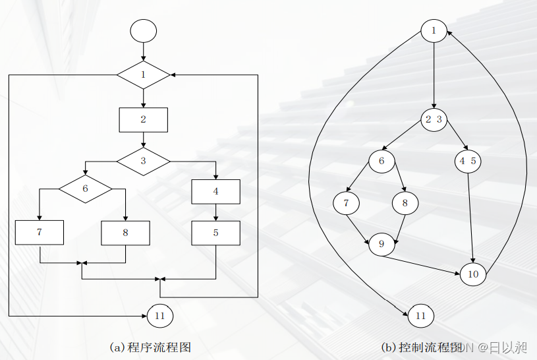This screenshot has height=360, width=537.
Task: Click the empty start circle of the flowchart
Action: click(144, 31)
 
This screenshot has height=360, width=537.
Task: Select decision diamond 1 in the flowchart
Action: click(144, 75)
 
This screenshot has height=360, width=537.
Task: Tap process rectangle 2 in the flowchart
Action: click(144, 119)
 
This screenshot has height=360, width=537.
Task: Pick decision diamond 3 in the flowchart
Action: click(144, 160)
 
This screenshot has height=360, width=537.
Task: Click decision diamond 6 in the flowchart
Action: click(85, 189)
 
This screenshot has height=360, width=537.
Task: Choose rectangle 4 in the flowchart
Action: click(216, 191)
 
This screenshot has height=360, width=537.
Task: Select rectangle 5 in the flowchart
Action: click(216, 232)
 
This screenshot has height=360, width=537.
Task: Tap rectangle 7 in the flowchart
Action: click(40, 232)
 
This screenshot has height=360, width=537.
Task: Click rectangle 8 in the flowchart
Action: click(125, 232)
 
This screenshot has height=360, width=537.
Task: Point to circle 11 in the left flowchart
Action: click(159, 316)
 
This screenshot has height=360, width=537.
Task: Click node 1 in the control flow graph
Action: click(434, 30)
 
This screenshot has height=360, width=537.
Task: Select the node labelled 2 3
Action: click(434, 119)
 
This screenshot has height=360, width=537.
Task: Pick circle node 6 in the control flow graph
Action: click(381, 161)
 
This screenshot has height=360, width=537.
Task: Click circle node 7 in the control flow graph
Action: click(346, 203)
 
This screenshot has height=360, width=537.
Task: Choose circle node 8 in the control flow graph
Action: click(405, 203)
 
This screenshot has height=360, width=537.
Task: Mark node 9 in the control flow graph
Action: click(381, 245)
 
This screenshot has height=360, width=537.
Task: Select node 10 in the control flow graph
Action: click(473, 274)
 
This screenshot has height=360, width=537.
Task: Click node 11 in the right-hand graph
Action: click(420, 316)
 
